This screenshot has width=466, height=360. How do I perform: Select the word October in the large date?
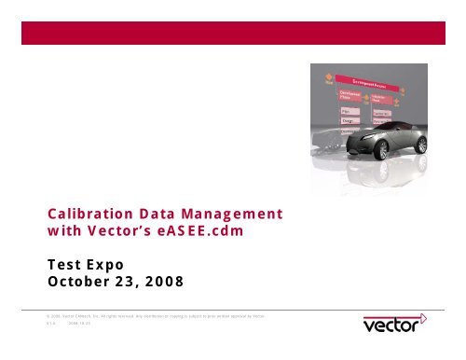click(81, 281)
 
